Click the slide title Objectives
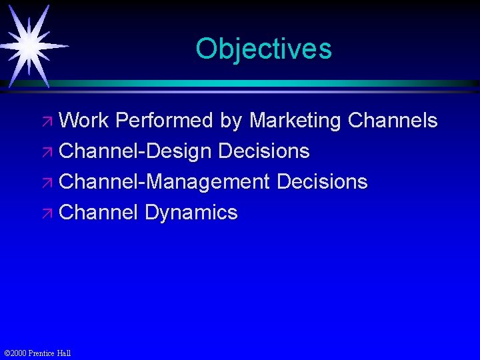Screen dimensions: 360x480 (x=263, y=49)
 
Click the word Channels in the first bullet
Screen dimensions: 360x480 (x=393, y=121)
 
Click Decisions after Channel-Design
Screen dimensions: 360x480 (x=264, y=151)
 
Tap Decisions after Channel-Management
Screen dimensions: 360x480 (x=322, y=182)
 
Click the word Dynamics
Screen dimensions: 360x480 (x=191, y=213)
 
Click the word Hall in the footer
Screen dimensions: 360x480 (x=63, y=353)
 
